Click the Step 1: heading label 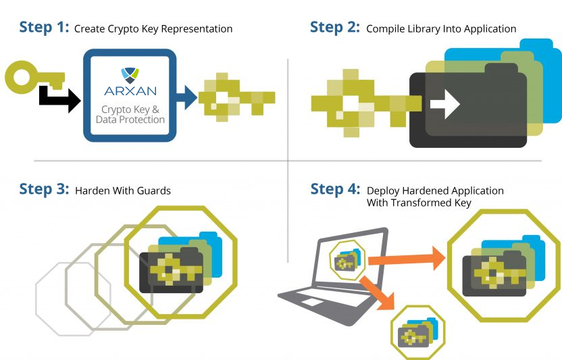pyautogui.click(x=44, y=27)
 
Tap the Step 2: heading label pyautogui.click(x=335, y=27)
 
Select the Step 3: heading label pyautogui.click(x=44, y=189)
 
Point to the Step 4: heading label pyautogui.click(x=335, y=189)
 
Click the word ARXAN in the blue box pyautogui.click(x=130, y=91)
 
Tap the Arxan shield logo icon pyautogui.click(x=130, y=75)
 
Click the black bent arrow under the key pyautogui.click(x=59, y=99)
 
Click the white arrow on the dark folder pyautogui.click(x=444, y=104)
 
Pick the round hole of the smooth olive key pyautogui.click(x=22, y=77)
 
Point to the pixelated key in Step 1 pyautogui.click(x=237, y=97)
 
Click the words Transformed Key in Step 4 pyautogui.click(x=431, y=203)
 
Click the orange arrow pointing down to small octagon pyautogui.click(x=378, y=293)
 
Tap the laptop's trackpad pyautogui.click(x=312, y=303)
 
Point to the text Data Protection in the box pyautogui.click(x=130, y=120)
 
